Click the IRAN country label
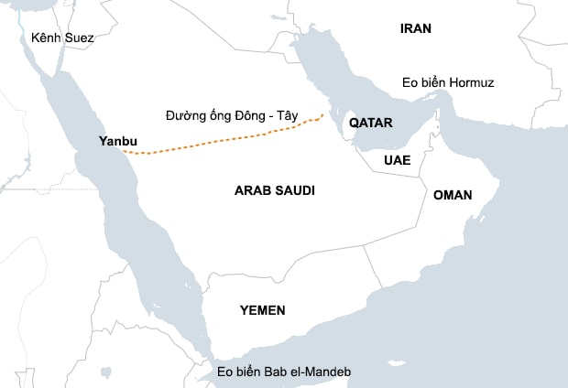point(416,28)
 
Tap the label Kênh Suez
point(62,38)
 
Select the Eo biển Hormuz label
point(448,83)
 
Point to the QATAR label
point(371,123)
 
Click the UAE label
point(397,159)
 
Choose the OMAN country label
point(453,195)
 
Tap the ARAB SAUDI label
point(275,190)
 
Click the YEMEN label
point(262,310)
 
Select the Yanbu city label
point(117,141)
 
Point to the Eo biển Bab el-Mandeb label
point(284,372)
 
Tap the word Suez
point(79,38)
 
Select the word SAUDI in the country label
point(293,190)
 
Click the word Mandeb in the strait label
point(328,372)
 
